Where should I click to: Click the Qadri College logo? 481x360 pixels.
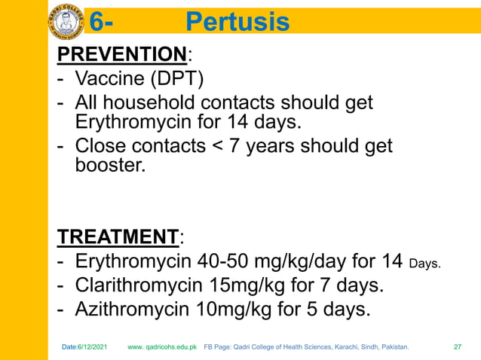pos(67,20)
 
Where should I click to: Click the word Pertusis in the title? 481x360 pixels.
pos(237,23)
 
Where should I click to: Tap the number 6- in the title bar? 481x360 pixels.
pos(103,23)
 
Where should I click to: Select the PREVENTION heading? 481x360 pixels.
pos(122,54)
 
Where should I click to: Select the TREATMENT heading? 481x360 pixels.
pos(118,237)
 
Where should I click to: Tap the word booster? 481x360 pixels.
pos(109,164)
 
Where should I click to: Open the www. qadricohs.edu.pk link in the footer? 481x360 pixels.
pos(162,347)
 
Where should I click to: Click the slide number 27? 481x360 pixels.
pos(457,347)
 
